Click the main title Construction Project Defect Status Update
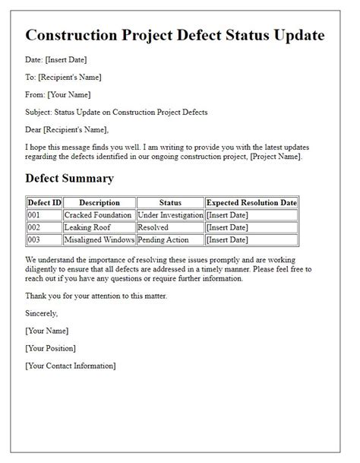point(175,36)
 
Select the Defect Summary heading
point(69,179)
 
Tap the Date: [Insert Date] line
point(55,59)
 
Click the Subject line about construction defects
point(116,113)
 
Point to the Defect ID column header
point(44,203)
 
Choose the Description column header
point(99,203)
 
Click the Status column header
point(170,203)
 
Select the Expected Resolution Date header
point(251,203)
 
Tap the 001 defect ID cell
point(35,215)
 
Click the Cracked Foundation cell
point(99,215)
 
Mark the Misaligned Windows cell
point(99,239)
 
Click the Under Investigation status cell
point(170,215)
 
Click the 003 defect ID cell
point(35,239)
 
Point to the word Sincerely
point(41,312)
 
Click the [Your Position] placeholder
point(50,348)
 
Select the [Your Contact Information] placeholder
point(70,366)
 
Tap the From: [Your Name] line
point(58,94)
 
